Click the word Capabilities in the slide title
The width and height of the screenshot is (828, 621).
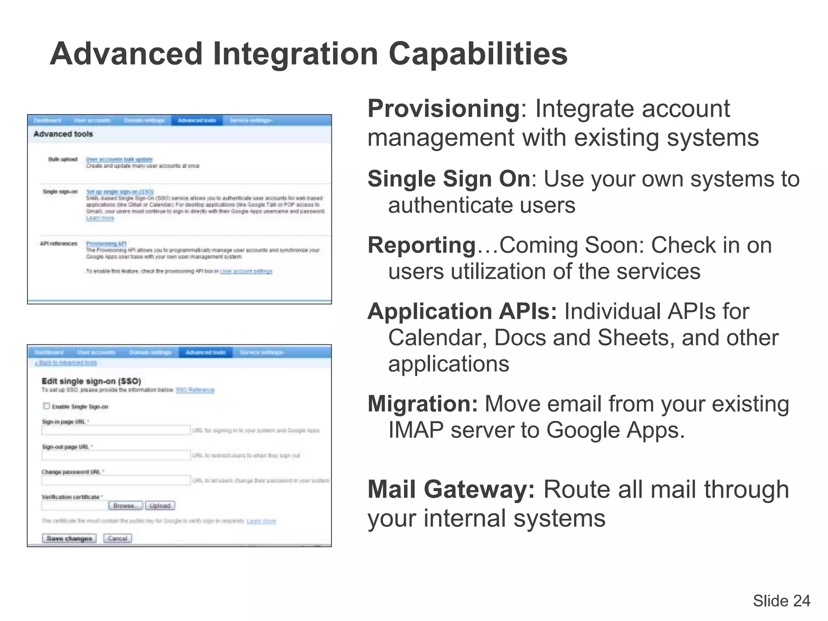[x=478, y=54]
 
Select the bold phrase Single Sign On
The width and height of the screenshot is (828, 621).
[x=449, y=179]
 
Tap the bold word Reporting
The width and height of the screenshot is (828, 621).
[x=422, y=245]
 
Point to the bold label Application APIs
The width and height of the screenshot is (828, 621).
[x=462, y=311]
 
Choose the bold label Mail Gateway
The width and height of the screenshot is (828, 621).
[x=451, y=489]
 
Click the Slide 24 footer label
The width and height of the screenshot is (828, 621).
[x=781, y=601]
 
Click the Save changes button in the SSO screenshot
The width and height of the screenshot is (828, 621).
[x=69, y=539]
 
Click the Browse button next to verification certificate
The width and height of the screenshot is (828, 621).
[x=125, y=506]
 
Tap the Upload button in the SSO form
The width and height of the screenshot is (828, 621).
[x=160, y=506]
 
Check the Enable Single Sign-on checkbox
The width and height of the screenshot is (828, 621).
[x=46, y=406]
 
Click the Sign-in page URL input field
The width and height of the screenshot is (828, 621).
[x=116, y=430]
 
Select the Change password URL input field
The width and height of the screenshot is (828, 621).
[x=116, y=480]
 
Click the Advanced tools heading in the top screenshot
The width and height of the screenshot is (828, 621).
[x=63, y=134]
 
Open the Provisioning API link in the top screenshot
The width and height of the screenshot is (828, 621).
[x=106, y=243]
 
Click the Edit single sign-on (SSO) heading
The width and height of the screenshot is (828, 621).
[x=91, y=381]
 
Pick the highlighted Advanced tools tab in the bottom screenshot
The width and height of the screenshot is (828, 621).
[x=205, y=353]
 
